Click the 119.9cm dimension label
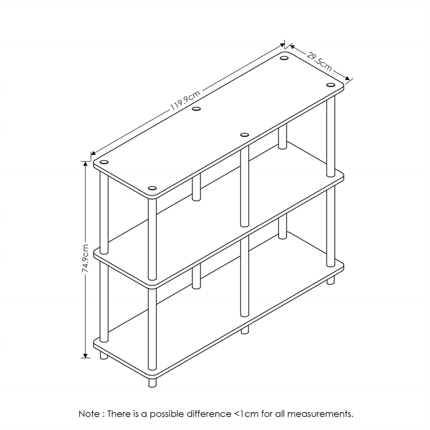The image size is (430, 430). (x=185, y=99)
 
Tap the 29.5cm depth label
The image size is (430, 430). (x=319, y=62)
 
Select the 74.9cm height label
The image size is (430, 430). (x=85, y=259)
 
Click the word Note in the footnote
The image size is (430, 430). (x=89, y=413)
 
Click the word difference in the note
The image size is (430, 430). (x=209, y=413)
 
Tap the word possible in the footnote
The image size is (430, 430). (x=167, y=414)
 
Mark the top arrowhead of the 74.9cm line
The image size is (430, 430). (x=85, y=164)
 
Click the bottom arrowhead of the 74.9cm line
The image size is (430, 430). (x=85, y=355)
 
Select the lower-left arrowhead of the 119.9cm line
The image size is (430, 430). (x=93, y=153)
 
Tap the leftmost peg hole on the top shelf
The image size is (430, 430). (x=104, y=162)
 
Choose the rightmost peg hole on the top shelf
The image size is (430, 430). (x=331, y=84)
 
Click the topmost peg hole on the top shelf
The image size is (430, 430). (x=284, y=58)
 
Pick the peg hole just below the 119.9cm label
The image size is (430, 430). (x=196, y=109)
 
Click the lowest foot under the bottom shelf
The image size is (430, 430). (x=152, y=382)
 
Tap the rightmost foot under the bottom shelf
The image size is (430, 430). (x=331, y=280)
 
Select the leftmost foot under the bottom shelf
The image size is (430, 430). (x=104, y=355)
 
